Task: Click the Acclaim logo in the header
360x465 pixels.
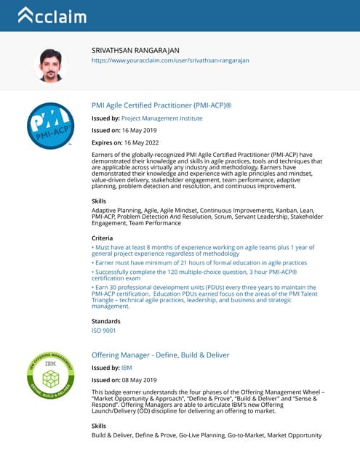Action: tap(52, 15)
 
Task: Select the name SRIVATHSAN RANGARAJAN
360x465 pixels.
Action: tap(135, 49)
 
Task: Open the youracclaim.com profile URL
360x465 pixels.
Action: tap(170, 60)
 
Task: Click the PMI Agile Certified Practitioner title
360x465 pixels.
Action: tap(161, 105)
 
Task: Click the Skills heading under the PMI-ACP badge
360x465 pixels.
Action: tap(98, 200)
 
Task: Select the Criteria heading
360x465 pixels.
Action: tap(102, 238)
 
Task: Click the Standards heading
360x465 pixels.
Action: tap(105, 320)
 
